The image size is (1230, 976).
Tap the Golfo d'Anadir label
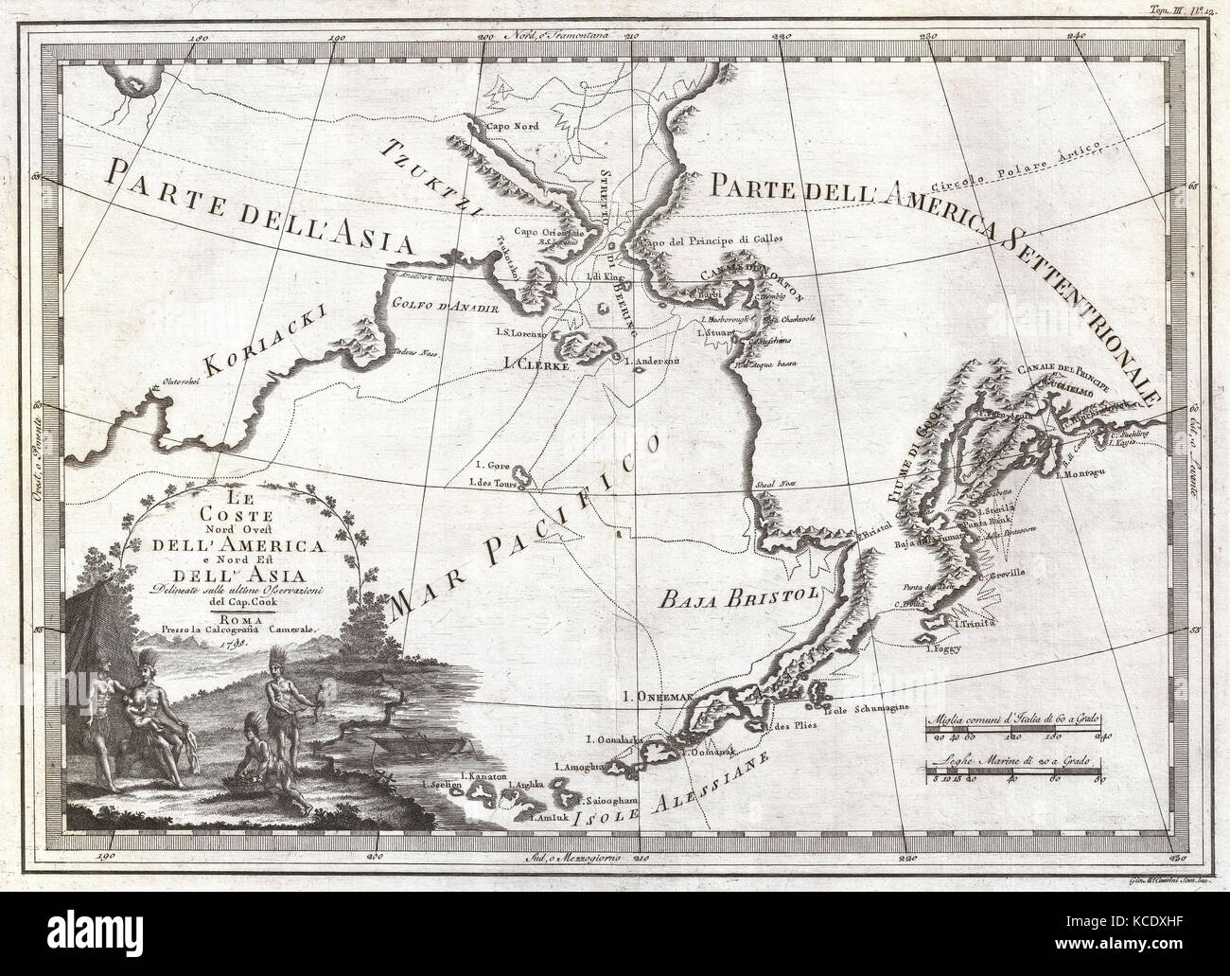tap(431, 305)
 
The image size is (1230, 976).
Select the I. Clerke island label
tap(553, 364)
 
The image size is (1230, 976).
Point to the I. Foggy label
tap(942, 648)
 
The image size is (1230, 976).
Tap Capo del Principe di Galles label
tap(697, 240)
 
